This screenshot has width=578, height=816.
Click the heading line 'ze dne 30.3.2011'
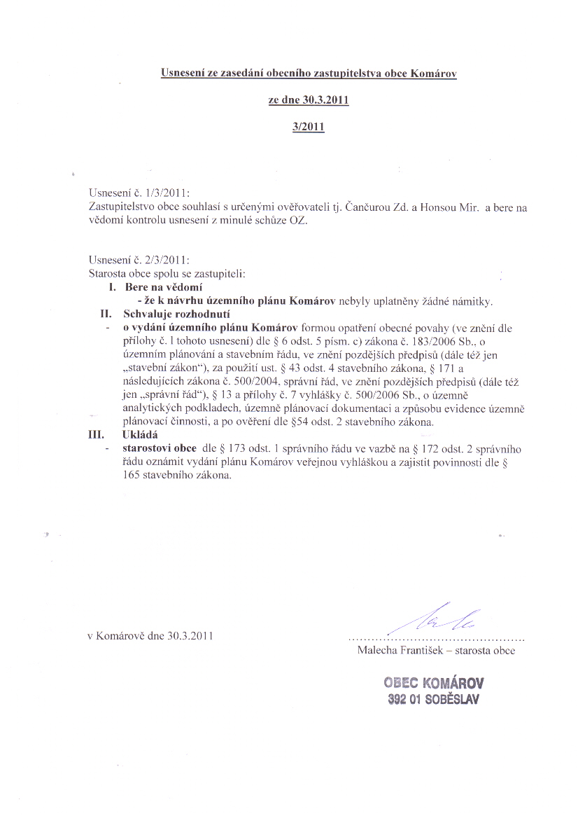pyautogui.click(x=309, y=99)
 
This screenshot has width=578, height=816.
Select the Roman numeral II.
pyautogui.click(x=106, y=314)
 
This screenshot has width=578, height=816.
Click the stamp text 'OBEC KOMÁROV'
pyautogui.click(x=433, y=683)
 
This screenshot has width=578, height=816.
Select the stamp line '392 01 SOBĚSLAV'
pyautogui.click(x=433, y=698)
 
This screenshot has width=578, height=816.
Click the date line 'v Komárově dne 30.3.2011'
pyautogui.click(x=149, y=636)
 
